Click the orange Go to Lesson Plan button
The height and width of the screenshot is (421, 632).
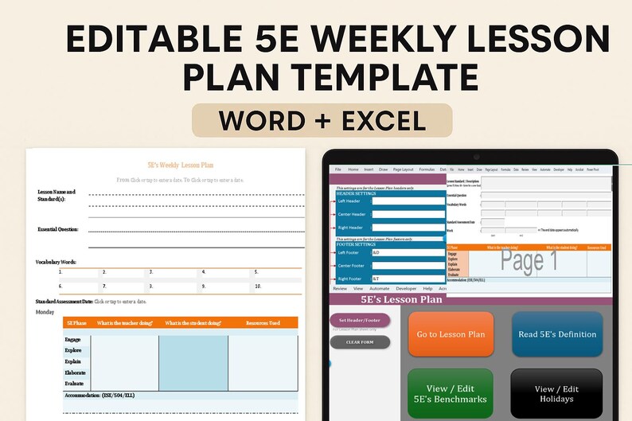pyautogui.click(x=451, y=334)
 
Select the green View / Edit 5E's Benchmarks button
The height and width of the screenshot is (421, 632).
pyautogui.click(x=451, y=394)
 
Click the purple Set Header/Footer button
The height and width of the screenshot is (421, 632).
pyautogui.click(x=360, y=320)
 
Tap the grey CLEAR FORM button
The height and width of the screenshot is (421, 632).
pyautogui.click(x=360, y=342)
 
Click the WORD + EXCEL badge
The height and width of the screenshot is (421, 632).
pyautogui.click(x=322, y=120)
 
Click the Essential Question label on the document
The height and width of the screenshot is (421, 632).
pyautogui.click(x=57, y=229)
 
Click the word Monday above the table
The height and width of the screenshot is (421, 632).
pyautogui.click(x=45, y=311)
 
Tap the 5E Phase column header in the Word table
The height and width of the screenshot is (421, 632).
pyautogui.click(x=76, y=323)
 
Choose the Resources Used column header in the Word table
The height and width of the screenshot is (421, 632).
pyautogui.click(x=263, y=323)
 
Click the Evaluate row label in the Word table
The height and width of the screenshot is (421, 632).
pyautogui.click(x=76, y=384)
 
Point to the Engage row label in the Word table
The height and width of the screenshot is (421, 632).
pyautogui.click(x=73, y=339)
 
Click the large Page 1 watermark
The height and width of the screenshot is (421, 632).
pyautogui.click(x=529, y=261)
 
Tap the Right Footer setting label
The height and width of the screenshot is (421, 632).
pyautogui.click(x=351, y=279)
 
